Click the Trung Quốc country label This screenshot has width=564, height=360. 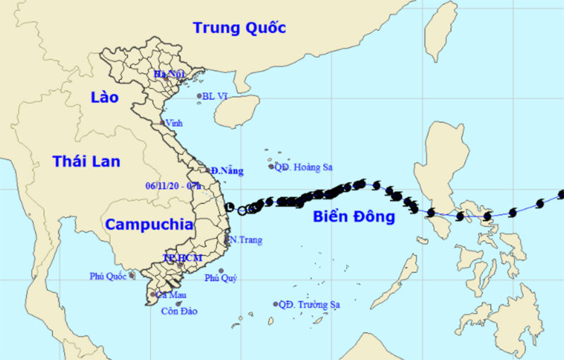[240, 28]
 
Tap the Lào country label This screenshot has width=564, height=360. [104, 97]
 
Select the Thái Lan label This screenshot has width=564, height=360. [86, 161]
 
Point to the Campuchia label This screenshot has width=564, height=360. [149, 225]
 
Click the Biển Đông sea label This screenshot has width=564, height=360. [354, 216]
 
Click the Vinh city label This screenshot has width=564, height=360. [174, 123]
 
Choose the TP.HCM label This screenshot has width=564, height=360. [183, 258]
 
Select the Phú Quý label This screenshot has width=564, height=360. [221, 278]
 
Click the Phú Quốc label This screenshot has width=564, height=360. [108, 275]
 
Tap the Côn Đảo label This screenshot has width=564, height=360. [179, 311]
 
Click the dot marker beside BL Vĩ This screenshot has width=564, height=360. [198, 97]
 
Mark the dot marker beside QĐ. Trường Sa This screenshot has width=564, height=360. [275, 304]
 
